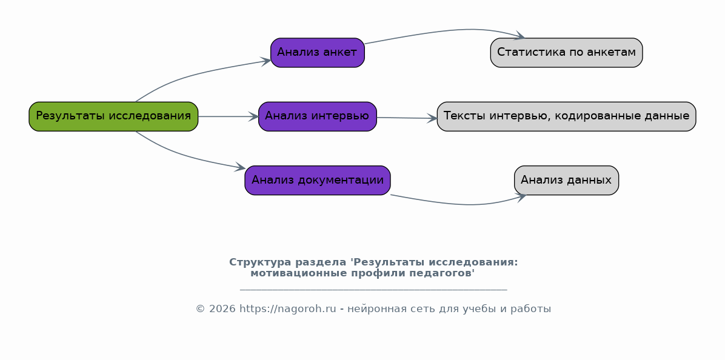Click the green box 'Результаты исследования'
(x=113, y=116)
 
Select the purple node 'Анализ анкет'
(x=317, y=53)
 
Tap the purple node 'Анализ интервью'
(x=317, y=116)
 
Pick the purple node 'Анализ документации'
(x=317, y=180)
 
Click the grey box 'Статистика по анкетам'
(x=566, y=53)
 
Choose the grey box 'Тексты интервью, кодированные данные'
(x=566, y=116)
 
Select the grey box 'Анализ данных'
(x=566, y=180)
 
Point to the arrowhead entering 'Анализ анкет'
(x=266, y=61)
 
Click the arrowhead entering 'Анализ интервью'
(x=254, y=116)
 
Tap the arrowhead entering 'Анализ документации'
(x=240, y=167)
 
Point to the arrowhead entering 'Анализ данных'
(x=520, y=196)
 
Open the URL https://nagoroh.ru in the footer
(x=287, y=309)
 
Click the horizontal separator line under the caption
(x=373, y=290)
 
